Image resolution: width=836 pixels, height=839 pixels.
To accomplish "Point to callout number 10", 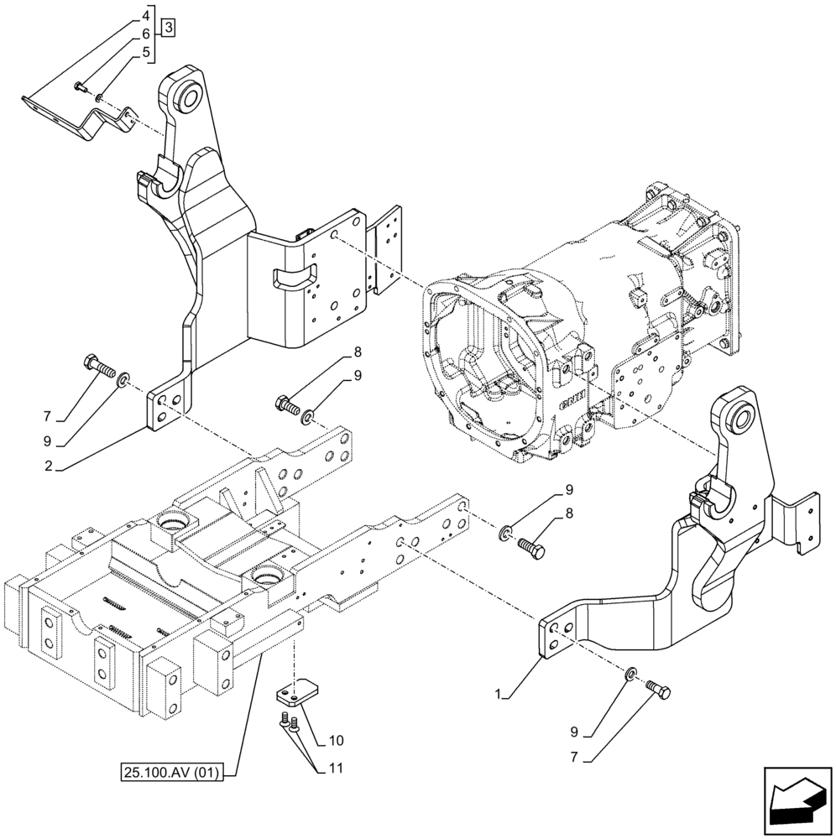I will coord(336,741).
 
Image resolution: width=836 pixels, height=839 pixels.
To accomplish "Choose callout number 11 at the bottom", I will coord(336,768).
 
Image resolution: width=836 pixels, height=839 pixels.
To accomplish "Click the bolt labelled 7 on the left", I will coord(97,367).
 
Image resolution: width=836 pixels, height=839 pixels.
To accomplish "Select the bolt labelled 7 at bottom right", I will coord(660,689).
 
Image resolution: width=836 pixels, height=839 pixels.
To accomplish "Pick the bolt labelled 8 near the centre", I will coord(286,405).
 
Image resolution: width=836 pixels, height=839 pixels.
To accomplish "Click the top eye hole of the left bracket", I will coord(185,97).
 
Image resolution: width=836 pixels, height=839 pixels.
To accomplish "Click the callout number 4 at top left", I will coord(146,16).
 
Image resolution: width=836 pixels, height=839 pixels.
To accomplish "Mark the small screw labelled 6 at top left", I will coord(78,85).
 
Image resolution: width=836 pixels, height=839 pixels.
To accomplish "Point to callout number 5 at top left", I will coord(146,51).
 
